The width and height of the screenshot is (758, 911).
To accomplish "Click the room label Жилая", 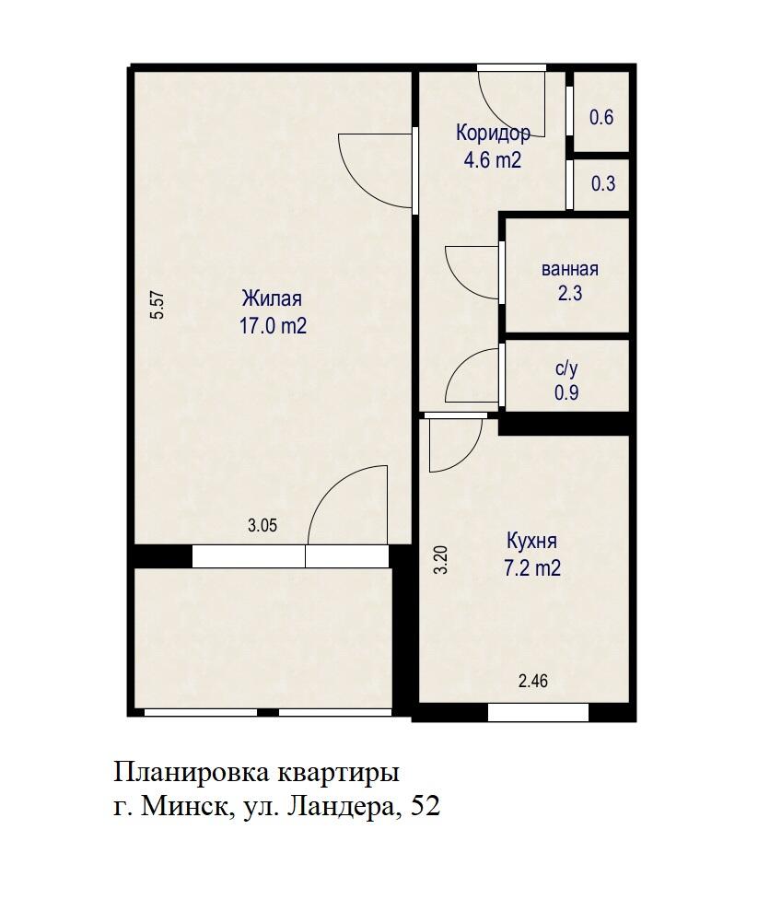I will pyautogui.click(x=272, y=299).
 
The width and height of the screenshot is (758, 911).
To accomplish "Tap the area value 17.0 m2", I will pyautogui.click(x=273, y=325).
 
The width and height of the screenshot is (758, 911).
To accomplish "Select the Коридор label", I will pyautogui.click(x=493, y=133).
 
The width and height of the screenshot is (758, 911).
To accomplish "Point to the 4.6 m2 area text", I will pyautogui.click(x=493, y=159).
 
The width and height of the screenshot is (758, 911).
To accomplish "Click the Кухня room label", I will pyautogui.click(x=531, y=542).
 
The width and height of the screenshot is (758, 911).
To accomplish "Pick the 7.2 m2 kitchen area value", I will pyautogui.click(x=531, y=568).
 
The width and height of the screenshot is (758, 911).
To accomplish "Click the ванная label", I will pyautogui.click(x=570, y=270).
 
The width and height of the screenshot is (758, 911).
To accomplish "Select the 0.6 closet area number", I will pyautogui.click(x=601, y=117).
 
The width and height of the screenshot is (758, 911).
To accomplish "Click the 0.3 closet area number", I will pyautogui.click(x=603, y=183).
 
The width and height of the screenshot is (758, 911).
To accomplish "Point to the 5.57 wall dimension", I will pyautogui.click(x=157, y=305).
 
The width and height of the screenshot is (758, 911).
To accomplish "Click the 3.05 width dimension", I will pyautogui.click(x=262, y=526).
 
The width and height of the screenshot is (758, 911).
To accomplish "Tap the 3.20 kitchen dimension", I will pyautogui.click(x=441, y=560).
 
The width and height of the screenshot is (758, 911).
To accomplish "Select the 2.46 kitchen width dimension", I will pyautogui.click(x=533, y=682).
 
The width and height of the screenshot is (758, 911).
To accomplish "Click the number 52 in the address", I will pyautogui.click(x=426, y=807).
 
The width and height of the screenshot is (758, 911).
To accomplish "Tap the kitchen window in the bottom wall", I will pyautogui.click(x=538, y=712).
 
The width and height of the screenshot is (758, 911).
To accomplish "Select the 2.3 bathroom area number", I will pyautogui.click(x=570, y=295).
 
